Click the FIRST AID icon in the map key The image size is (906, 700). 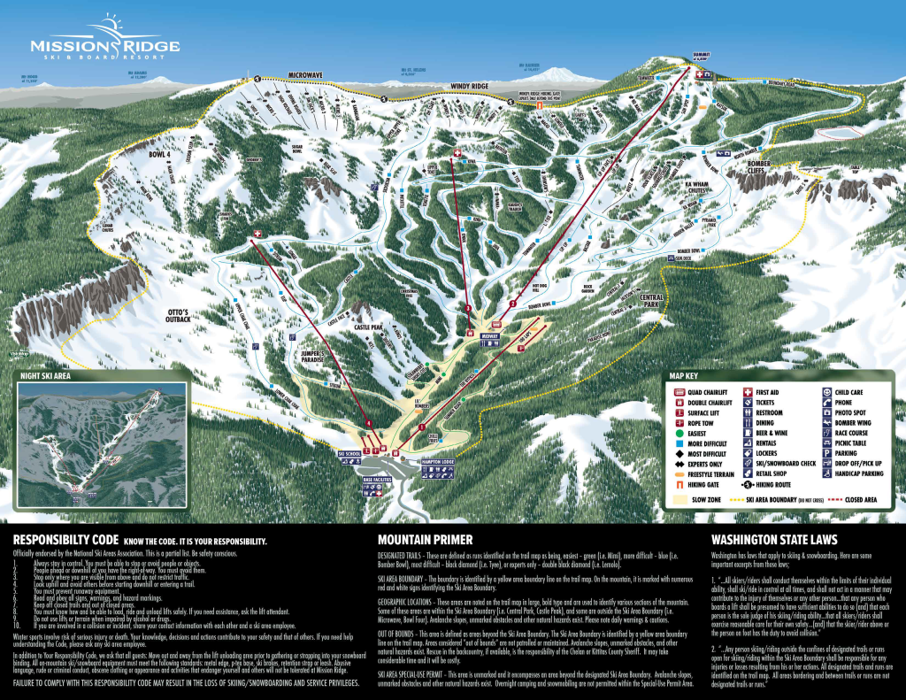tap(749, 390)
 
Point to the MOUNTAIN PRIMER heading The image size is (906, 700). tap(425, 539)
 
